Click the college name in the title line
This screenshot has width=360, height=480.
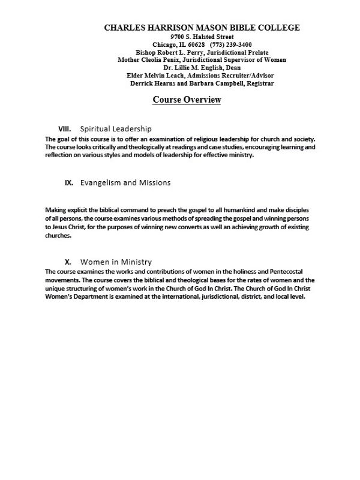click(202, 28)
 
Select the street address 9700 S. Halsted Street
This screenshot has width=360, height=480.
click(202, 37)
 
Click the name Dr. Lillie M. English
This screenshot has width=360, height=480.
click(184, 68)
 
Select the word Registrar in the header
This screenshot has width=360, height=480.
click(259, 83)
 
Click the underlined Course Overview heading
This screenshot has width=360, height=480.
click(187, 100)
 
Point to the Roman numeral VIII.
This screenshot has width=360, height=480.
click(65, 129)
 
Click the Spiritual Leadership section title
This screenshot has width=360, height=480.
click(116, 129)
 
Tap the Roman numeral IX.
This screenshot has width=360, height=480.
click(69, 182)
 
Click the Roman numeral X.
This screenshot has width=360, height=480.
click(68, 262)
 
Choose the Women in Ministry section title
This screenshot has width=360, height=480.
click(116, 262)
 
